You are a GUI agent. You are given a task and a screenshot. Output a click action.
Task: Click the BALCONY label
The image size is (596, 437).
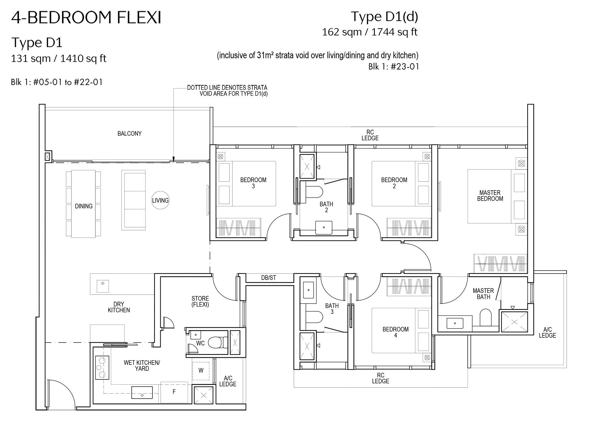coord(129,134)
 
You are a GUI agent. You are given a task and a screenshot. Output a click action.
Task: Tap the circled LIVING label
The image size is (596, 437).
coord(160,200)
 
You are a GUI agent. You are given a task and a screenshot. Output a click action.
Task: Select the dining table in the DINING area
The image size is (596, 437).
coord(83,204)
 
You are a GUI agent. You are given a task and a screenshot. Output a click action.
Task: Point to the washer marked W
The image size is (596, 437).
coord(201,371)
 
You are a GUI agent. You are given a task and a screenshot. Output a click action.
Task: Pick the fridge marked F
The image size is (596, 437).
coord(174,392)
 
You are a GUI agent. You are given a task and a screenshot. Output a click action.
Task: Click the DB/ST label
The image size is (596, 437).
coord(268,278)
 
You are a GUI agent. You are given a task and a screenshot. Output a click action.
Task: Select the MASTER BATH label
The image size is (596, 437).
coord(483,294)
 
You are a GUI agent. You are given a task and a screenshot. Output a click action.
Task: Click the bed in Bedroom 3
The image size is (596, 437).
coord(246,184)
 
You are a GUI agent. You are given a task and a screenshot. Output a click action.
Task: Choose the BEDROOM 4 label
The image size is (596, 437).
coord(395,332)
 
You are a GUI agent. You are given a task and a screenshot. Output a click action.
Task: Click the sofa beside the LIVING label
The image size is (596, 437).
coord(133,200)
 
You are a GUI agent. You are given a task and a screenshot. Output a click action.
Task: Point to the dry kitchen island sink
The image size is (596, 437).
coord(103,286)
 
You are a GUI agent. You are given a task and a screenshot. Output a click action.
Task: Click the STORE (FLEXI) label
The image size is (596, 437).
coord(200,301)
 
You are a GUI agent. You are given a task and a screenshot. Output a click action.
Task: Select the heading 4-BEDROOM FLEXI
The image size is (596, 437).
coord(86,17)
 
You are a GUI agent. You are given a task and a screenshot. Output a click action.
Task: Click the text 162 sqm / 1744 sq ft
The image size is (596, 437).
coord(370,32)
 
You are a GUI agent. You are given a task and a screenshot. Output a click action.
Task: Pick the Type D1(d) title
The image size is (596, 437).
coord(384,17)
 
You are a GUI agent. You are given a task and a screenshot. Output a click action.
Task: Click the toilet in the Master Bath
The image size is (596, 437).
coord(485,317)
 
